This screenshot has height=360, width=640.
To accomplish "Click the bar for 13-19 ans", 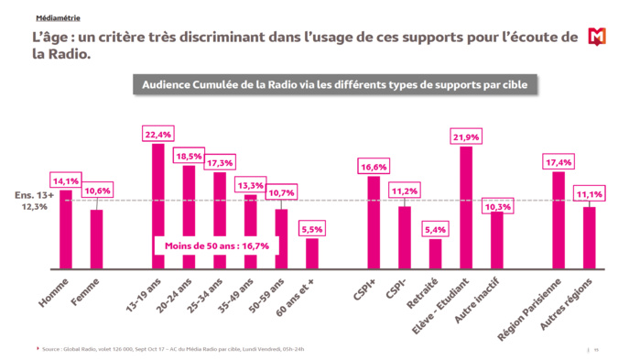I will [158, 206].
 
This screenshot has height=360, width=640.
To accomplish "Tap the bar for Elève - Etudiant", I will [466, 207].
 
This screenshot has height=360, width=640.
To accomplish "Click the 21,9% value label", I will [466, 137].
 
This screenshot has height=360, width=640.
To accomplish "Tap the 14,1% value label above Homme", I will [65, 180].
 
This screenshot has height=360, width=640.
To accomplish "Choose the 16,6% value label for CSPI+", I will [374, 168].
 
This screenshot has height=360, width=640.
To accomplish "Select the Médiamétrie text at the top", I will [57, 17].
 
